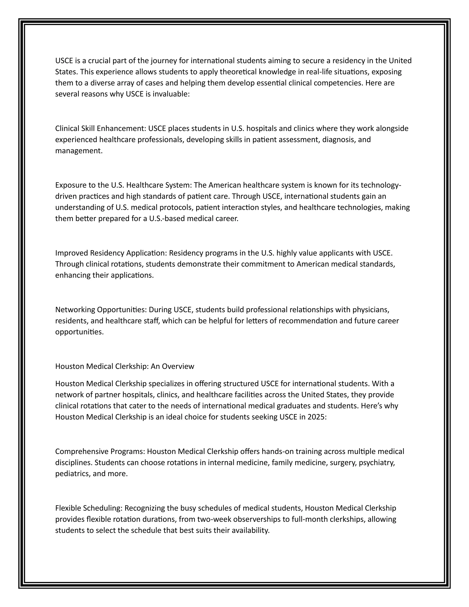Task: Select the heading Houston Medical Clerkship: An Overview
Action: [125, 366]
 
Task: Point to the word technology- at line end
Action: [381, 185]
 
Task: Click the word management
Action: [79, 151]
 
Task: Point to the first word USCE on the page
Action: [64, 61]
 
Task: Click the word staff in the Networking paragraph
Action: [152, 321]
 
